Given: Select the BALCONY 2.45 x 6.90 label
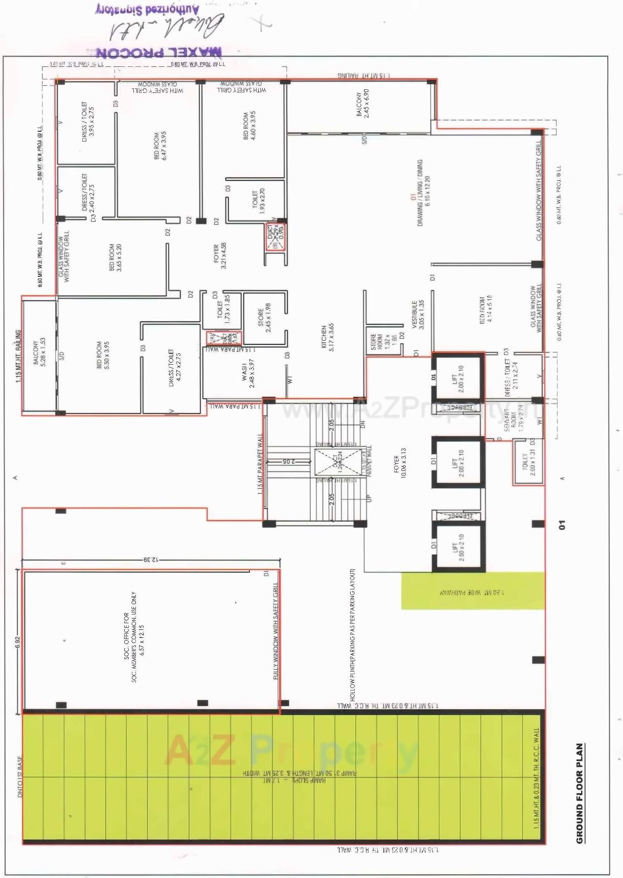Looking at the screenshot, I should [363, 104].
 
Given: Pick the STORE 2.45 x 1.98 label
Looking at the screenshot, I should [264, 318].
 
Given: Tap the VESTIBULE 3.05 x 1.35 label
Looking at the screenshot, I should [418, 315].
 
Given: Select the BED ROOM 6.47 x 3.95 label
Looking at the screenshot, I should [160, 146].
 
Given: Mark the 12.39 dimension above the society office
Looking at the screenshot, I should [151, 560].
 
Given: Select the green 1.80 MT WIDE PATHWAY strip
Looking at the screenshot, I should [472, 591].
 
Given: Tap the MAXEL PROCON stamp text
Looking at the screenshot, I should [159, 52].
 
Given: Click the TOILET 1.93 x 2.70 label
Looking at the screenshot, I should [259, 200].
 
